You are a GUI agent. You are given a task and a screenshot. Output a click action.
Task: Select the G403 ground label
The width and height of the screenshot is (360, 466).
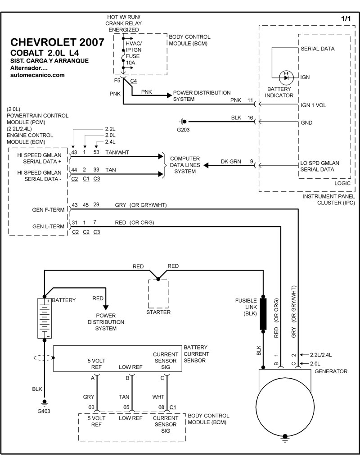(45, 411)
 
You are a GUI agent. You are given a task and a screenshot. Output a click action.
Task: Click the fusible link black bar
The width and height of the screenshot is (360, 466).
(263, 314)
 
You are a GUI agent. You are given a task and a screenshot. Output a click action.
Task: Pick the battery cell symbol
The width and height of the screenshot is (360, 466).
(44, 318)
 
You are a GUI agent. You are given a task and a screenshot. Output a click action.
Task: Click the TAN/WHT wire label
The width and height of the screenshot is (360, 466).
(117, 153)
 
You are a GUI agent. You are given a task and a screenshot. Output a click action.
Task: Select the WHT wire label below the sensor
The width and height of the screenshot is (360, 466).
(158, 397)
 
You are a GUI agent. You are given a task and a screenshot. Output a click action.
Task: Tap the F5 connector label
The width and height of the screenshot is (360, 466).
(117, 81)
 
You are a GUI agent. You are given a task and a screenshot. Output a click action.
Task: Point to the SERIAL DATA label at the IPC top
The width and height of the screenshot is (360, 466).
(317, 49)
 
